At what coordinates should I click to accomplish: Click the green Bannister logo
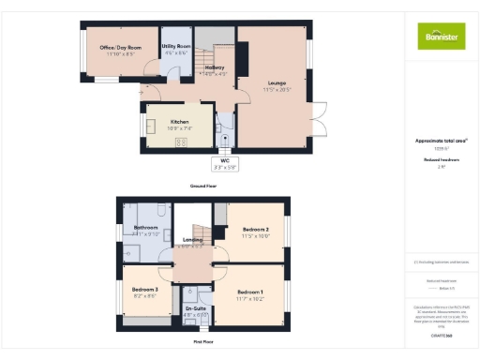[439, 36]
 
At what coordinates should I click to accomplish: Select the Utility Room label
[176, 45]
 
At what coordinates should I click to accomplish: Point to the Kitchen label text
[180, 122]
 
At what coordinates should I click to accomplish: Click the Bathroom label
[145, 228]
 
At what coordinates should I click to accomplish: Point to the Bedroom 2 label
[256, 230]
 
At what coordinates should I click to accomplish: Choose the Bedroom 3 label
[144, 290]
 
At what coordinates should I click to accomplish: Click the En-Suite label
[195, 308]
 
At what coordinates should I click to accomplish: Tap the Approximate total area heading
[441, 142]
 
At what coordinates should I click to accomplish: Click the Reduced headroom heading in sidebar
[441, 160]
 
